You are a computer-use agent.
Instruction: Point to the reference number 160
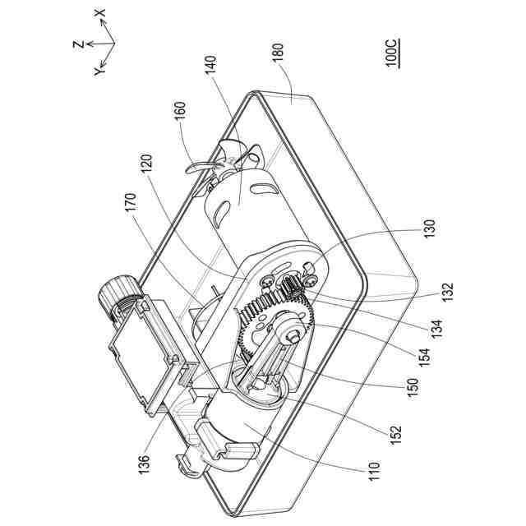click(x=180, y=113)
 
